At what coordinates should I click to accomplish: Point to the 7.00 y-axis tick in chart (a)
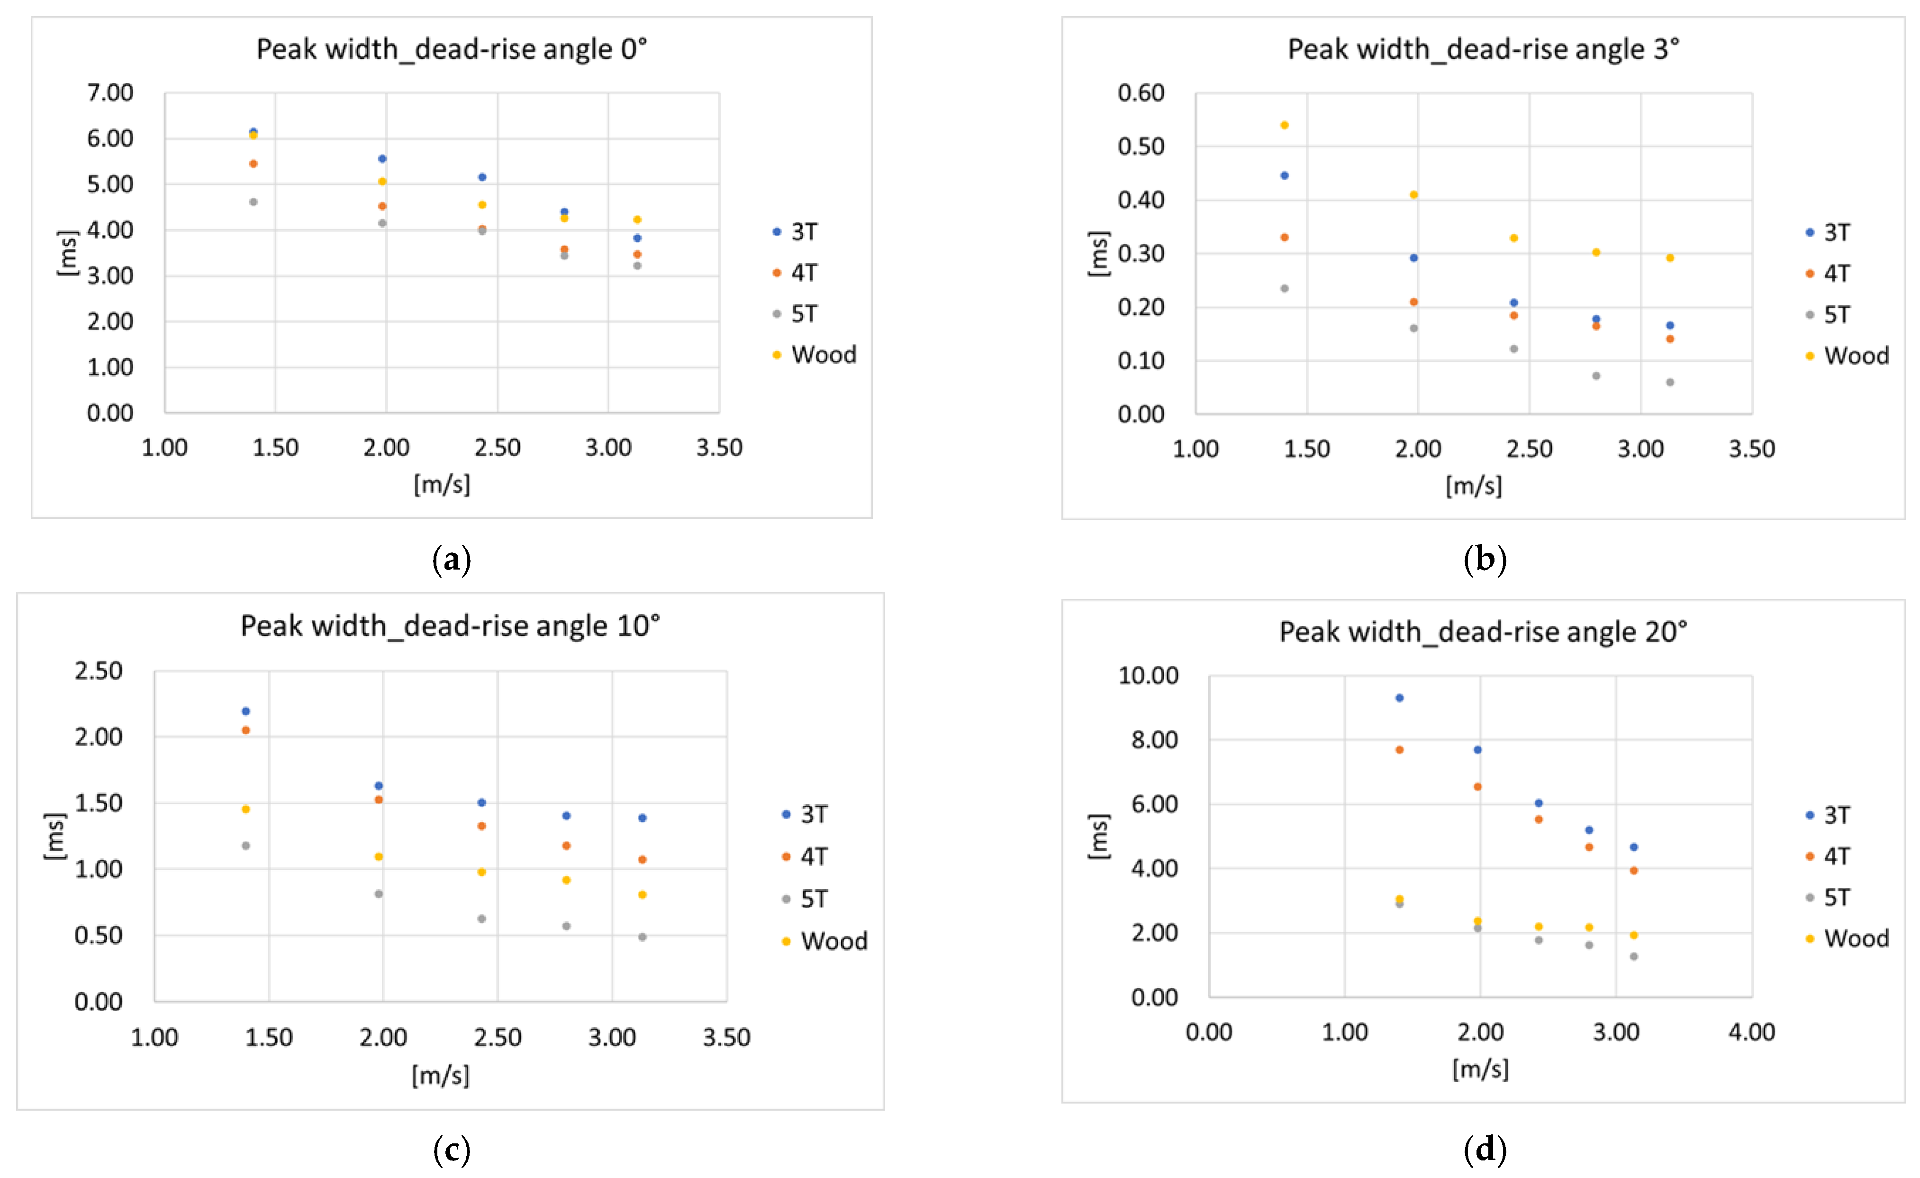(x=110, y=93)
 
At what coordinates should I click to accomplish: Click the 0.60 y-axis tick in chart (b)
(x=1141, y=93)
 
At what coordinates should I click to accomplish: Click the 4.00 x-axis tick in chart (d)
(x=1752, y=1032)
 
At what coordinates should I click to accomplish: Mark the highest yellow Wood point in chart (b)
(x=1284, y=125)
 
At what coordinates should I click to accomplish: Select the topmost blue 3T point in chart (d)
(x=1399, y=698)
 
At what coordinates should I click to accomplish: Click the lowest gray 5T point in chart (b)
(x=1670, y=382)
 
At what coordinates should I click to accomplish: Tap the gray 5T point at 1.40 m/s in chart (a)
(x=253, y=202)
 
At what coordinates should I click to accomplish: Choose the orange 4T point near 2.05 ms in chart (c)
(x=245, y=730)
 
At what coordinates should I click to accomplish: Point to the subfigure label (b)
(x=1485, y=560)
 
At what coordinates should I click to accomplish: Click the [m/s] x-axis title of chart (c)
(x=440, y=1075)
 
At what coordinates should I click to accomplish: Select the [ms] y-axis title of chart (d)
(x=1098, y=837)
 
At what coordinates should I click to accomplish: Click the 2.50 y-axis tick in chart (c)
(x=98, y=671)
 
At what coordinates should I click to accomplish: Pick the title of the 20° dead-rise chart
(x=1483, y=632)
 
